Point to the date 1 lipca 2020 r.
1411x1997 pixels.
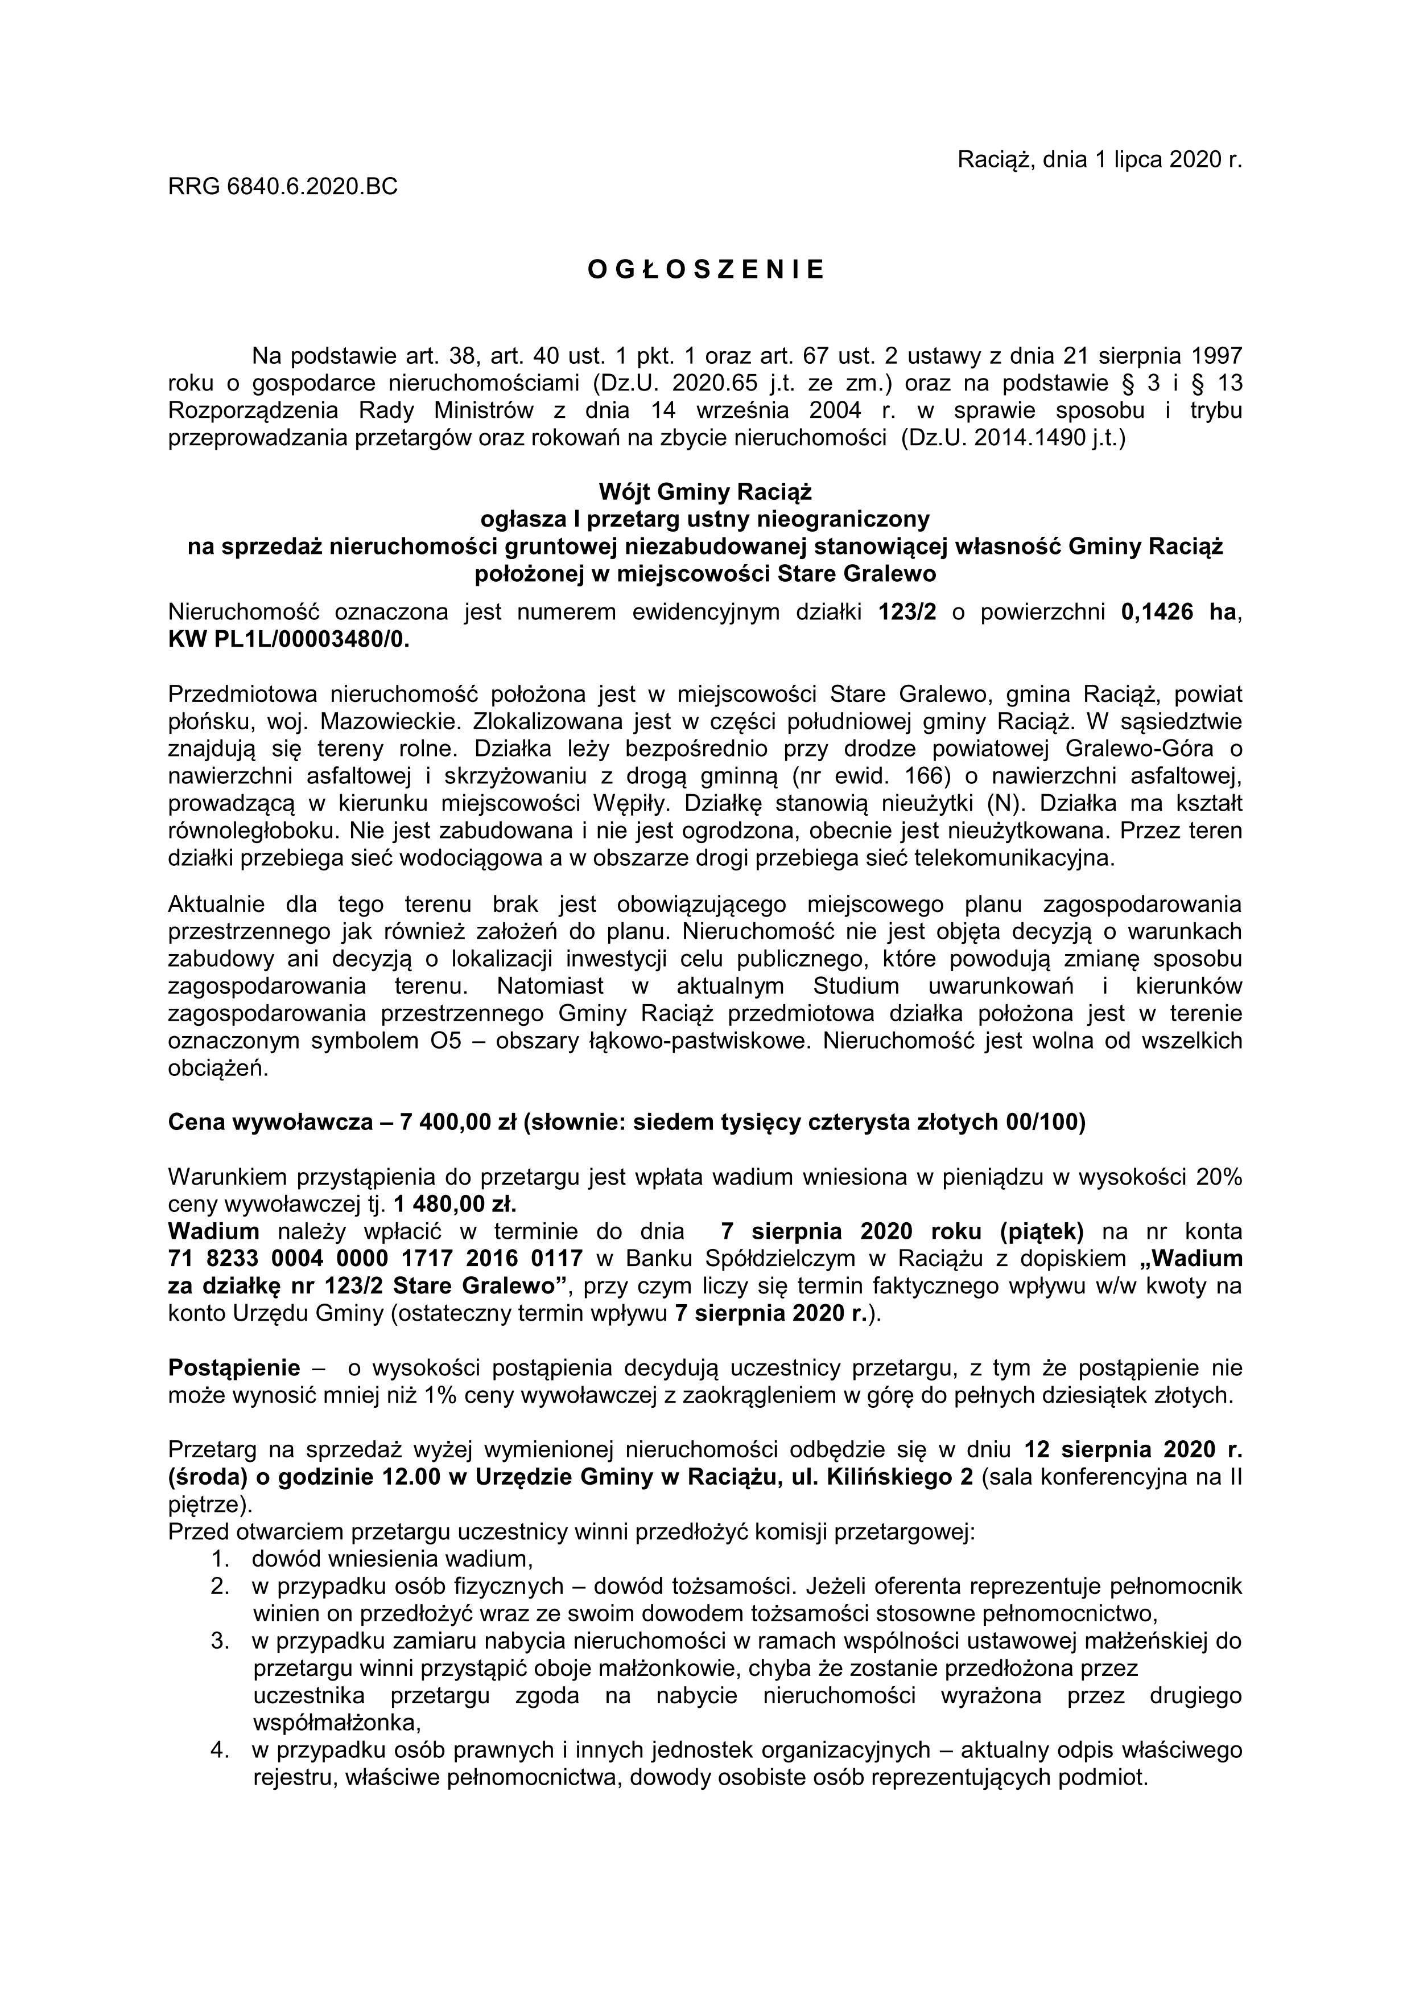click(x=1156, y=159)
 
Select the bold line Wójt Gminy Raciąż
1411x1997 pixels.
click(x=705, y=492)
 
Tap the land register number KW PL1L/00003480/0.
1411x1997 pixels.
click(x=288, y=639)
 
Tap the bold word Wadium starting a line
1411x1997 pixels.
click(x=214, y=1231)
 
